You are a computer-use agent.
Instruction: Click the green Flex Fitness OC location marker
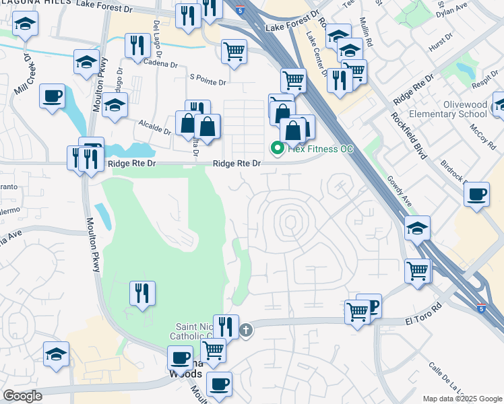(276, 148)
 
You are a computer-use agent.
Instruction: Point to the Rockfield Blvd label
(409, 135)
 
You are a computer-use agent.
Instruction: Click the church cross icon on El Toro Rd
(247, 329)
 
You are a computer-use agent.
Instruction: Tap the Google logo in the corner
(22, 395)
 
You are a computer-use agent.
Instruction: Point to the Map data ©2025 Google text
(462, 399)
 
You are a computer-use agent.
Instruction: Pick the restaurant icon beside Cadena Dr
(137, 45)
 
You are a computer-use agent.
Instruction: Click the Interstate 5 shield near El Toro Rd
(479, 308)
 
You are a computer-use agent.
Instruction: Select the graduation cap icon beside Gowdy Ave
(417, 228)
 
